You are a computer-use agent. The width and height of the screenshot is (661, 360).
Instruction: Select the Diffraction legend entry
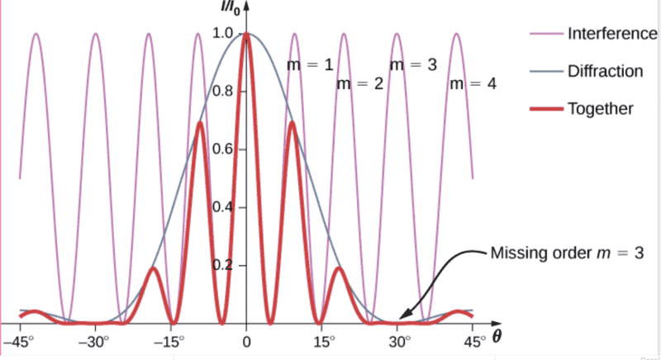pyautogui.click(x=604, y=71)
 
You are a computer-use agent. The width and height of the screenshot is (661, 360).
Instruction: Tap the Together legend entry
pyautogui.click(x=600, y=108)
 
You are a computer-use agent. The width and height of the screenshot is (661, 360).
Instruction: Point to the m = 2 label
pyautogui.click(x=359, y=84)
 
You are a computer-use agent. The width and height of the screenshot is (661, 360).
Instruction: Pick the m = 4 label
pyautogui.click(x=472, y=84)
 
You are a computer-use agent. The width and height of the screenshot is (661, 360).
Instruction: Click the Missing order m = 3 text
pyautogui.click(x=565, y=253)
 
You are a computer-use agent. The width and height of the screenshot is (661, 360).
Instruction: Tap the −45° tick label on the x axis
pyautogui.click(x=17, y=340)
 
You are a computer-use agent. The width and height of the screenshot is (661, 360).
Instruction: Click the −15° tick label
pyautogui.click(x=170, y=340)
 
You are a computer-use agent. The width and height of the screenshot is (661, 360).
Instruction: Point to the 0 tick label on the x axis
pyautogui.click(x=246, y=340)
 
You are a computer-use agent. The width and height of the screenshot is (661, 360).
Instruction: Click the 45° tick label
pyautogui.click(x=473, y=340)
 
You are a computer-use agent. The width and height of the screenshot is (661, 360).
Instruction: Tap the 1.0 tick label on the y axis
pyautogui.click(x=223, y=34)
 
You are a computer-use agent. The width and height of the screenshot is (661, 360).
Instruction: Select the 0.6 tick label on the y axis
pyautogui.click(x=223, y=149)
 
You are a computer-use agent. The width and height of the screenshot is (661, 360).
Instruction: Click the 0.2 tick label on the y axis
pyautogui.click(x=223, y=265)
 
